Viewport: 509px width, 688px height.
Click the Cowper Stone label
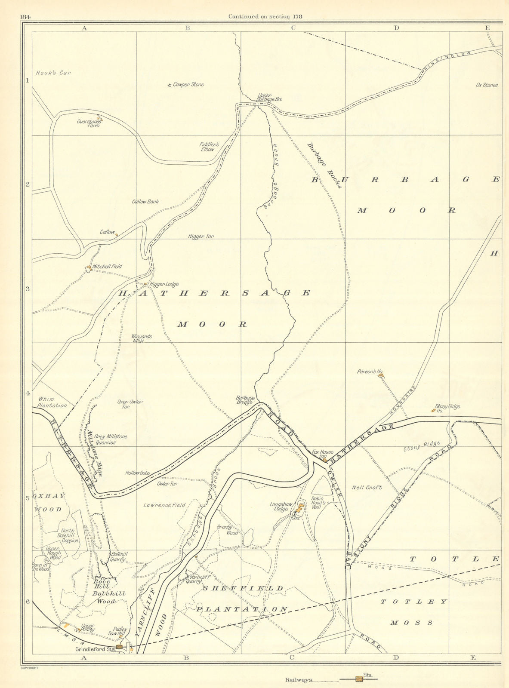[188, 85]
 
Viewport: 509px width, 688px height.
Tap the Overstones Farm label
[89, 123]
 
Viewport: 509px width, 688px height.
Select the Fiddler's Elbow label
[209, 147]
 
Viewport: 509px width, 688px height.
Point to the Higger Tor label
[201, 236]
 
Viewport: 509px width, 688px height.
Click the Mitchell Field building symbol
[88, 268]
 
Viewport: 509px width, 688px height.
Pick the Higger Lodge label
[164, 284]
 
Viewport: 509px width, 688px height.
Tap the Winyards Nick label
[142, 338]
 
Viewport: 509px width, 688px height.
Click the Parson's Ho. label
[367, 372]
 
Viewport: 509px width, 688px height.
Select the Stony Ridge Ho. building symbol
[433, 411]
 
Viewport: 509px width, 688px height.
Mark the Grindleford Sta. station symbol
[119, 646]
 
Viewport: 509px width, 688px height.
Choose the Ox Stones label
[487, 85]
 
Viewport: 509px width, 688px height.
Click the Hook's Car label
[53, 73]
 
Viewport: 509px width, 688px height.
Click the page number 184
[25, 17]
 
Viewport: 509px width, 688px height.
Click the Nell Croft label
[367, 488]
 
